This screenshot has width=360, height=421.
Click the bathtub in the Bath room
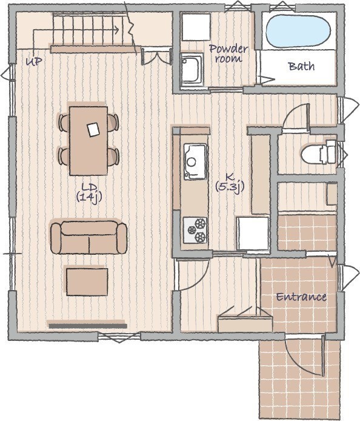pos(298,31)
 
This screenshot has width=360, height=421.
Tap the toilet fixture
pos(319,152)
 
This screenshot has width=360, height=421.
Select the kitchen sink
pos(195,162)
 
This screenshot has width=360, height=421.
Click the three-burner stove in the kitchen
pos(195,230)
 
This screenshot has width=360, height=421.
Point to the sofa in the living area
pos(89,237)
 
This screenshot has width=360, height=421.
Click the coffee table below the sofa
pos(87,282)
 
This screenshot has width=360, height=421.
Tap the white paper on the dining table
pos(93,130)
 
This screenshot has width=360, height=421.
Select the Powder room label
pos(228,53)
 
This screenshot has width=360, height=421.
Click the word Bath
pos(302,66)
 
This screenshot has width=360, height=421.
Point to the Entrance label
pos(301,297)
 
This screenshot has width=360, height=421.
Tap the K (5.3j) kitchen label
pos(230,183)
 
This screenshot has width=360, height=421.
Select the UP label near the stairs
pos(34,62)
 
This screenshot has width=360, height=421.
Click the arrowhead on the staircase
pos(116,30)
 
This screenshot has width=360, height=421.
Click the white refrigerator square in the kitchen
pos(253,234)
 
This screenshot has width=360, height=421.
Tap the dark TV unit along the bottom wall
pos(88,326)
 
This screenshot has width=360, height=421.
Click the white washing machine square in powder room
pos(196,27)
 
